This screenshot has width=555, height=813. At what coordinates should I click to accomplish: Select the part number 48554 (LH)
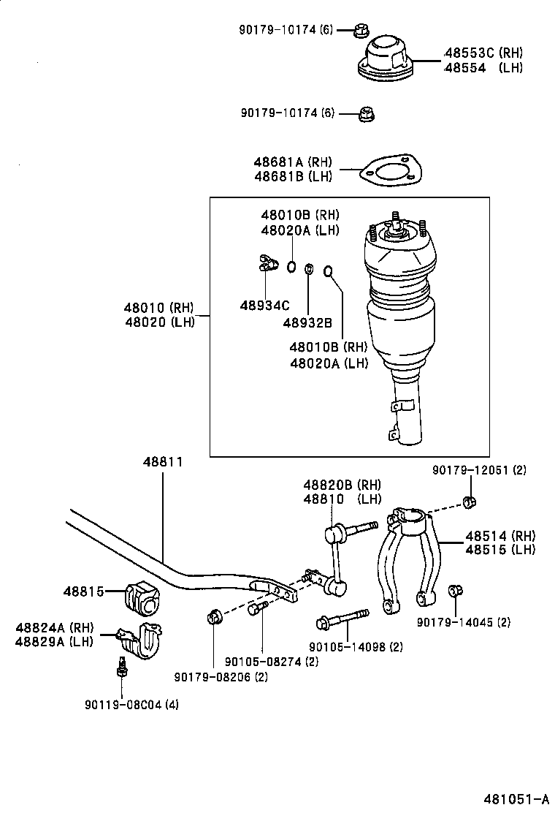click(x=483, y=67)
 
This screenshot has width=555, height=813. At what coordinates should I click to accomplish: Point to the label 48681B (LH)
click(x=292, y=176)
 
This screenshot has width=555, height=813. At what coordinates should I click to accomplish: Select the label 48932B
click(x=307, y=322)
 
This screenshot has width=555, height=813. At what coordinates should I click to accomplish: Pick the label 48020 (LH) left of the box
click(x=159, y=322)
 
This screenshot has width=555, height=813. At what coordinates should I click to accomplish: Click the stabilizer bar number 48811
click(x=162, y=462)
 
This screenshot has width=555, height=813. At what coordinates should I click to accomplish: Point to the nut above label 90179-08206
click(x=214, y=617)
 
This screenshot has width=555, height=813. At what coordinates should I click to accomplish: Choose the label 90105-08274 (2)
click(x=261, y=661)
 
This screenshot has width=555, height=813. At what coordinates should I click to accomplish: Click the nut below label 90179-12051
click(x=470, y=502)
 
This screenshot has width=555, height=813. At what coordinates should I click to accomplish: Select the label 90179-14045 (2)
click(x=464, y=622)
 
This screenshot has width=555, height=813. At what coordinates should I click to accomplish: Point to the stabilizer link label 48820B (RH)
click(x=342, y=485)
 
